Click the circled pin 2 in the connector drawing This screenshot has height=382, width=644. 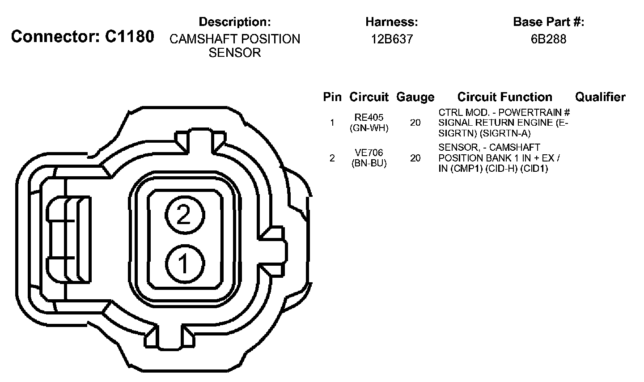[185, 215]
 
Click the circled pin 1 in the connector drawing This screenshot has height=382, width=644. [185, 263]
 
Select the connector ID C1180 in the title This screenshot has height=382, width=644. [130, 37]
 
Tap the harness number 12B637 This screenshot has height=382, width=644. [392, 39]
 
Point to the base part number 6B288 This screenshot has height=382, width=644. [549, 39]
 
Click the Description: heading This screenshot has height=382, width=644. [235, 22]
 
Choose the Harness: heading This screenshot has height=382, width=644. [392, 22]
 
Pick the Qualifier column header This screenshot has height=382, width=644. [600, 97]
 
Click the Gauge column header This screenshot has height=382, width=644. [415, 97]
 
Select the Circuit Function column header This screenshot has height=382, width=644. [504, 97]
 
